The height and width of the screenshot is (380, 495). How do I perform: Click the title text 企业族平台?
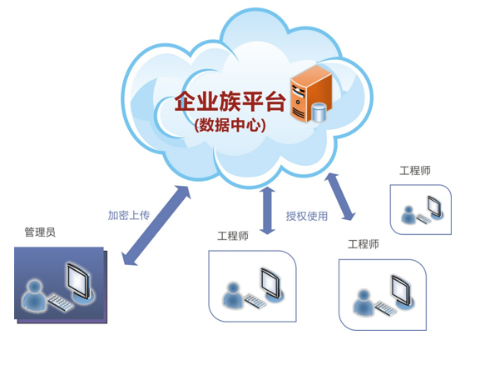[230, 102]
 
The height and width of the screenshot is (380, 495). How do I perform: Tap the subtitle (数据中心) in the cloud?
[230, 125]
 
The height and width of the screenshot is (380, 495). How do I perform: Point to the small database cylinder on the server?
[319, 112]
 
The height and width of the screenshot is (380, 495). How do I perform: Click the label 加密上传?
[129, 215]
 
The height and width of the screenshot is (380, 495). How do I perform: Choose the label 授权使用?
[307, 216]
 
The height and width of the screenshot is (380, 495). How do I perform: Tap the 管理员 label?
[40, 232]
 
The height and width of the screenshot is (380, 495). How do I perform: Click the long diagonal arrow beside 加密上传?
[156, 226]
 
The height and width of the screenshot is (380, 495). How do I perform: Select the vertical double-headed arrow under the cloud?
[268, 211]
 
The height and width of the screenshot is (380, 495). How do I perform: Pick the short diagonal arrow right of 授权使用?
[340, 197]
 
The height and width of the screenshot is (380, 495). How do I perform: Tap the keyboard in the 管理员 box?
[60, 302]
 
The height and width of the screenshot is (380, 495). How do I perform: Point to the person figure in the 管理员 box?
[34, 295]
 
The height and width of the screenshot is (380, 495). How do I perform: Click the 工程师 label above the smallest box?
[415, 171]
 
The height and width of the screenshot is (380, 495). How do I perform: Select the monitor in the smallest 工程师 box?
[436, 207]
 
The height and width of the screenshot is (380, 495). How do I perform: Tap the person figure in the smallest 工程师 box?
[408, 215]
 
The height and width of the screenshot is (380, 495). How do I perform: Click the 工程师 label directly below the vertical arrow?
[233, 236]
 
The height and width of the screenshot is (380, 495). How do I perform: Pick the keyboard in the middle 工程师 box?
[255, 301]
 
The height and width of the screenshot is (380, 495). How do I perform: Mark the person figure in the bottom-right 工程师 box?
[364, 302]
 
